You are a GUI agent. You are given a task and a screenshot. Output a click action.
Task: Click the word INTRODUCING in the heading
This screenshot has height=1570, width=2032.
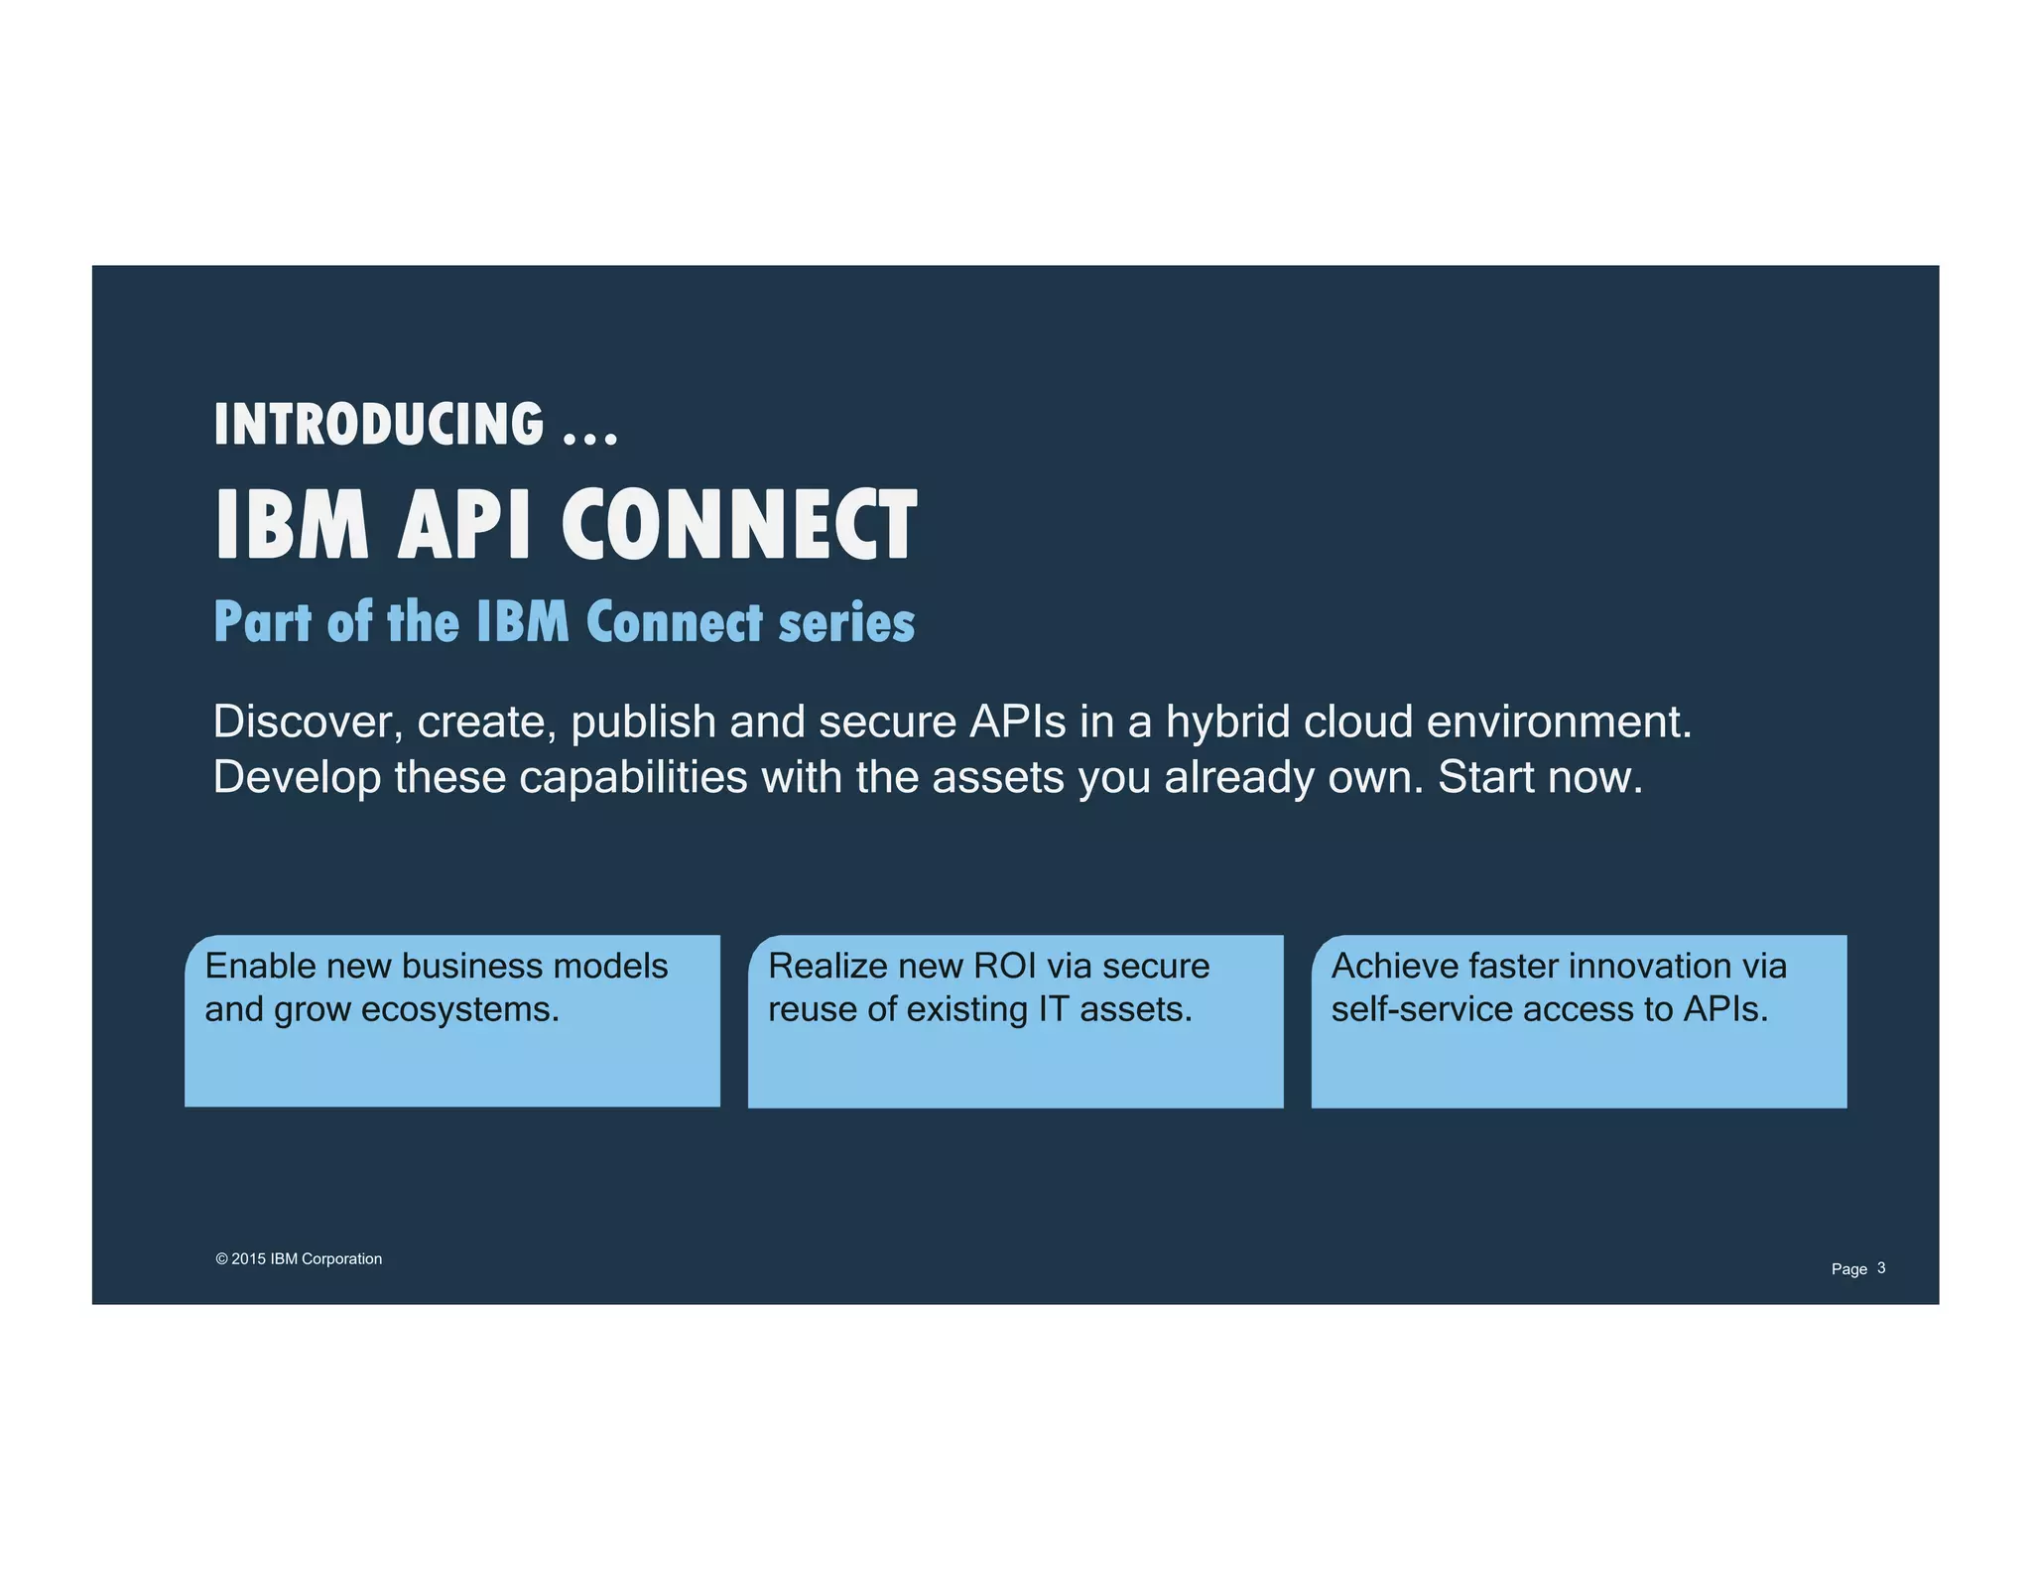tap(378, 425)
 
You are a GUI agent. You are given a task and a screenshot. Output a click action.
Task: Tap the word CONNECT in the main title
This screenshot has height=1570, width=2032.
tap(739, 526)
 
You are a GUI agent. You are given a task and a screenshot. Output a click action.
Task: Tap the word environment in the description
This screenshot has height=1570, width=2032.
tap(1558, 721)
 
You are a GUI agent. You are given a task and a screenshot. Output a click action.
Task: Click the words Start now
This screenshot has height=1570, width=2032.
tap(1540, 777)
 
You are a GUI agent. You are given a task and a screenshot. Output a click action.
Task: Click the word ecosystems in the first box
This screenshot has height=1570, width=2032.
tap(460, 1009)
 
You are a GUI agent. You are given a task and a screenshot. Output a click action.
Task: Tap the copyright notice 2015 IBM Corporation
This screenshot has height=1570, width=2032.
tap(299, 1259)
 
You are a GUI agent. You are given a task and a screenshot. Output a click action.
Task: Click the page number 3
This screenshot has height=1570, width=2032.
tap(1881, 1268)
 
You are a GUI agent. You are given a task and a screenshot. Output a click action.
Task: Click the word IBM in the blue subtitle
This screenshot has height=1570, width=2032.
tap(523, 623)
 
